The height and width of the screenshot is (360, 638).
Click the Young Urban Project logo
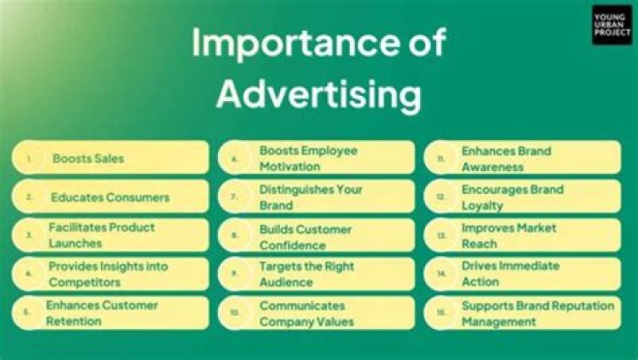click(611, 25)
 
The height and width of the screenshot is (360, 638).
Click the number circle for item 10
click(235, 313)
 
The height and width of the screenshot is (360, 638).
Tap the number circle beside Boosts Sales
click(29, 160)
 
